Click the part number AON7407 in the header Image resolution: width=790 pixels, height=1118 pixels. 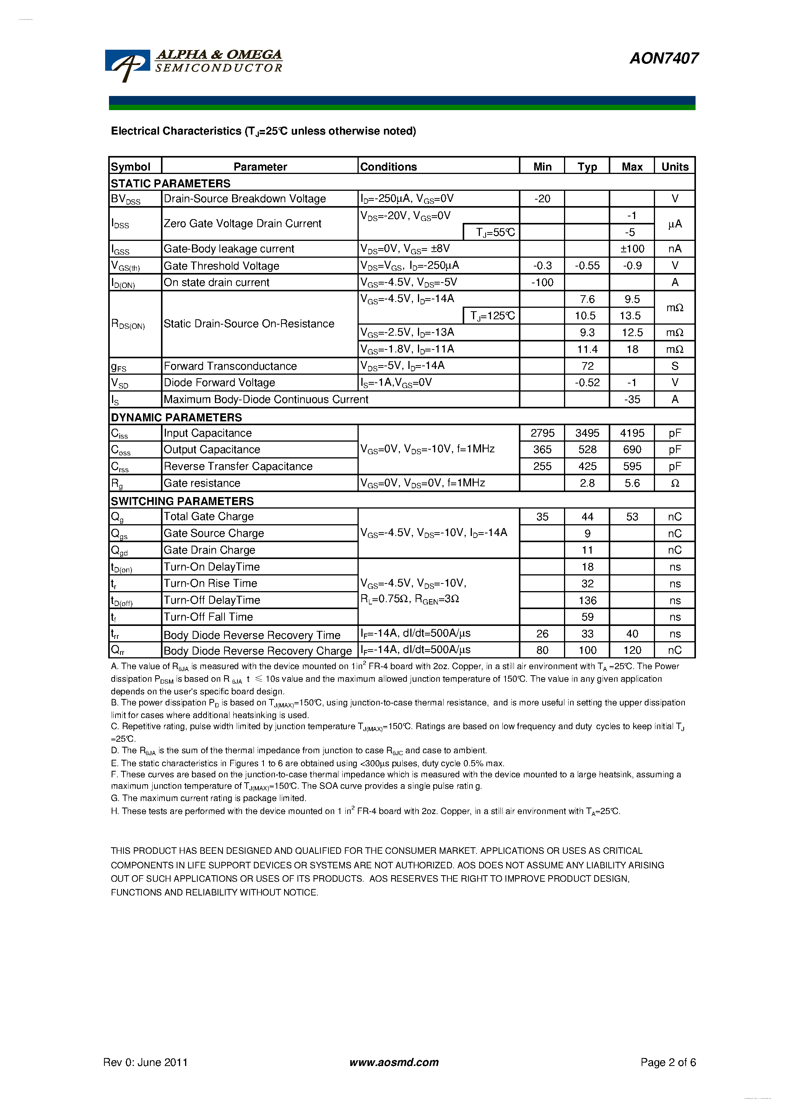pos(663,58)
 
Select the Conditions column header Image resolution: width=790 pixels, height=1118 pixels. pos(388,167)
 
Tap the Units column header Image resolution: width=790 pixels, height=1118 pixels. pos(675,167)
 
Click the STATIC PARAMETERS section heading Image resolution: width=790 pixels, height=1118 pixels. pos(171,184)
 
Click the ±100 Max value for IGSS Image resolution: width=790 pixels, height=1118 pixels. pos(632,249)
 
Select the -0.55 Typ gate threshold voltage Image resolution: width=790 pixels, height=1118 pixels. pos(587,266)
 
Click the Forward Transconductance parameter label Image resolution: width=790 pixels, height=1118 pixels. pos(230,366)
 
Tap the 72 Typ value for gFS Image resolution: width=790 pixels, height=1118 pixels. pos(587,366)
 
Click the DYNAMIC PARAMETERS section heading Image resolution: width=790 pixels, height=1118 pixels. pos(176,417)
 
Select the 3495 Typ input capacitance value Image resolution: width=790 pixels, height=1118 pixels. pos(587,433)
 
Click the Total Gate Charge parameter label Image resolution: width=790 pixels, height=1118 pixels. pos(208,517)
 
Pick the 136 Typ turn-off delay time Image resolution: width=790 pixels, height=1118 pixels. pos(587,600)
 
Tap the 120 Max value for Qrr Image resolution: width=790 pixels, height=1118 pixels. pos(632,650)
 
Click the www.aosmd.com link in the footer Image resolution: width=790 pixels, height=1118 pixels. pos(393,1063)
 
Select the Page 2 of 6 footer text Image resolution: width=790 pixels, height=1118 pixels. pos(668,1063)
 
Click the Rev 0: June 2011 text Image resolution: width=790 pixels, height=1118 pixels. pos(145,1063)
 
